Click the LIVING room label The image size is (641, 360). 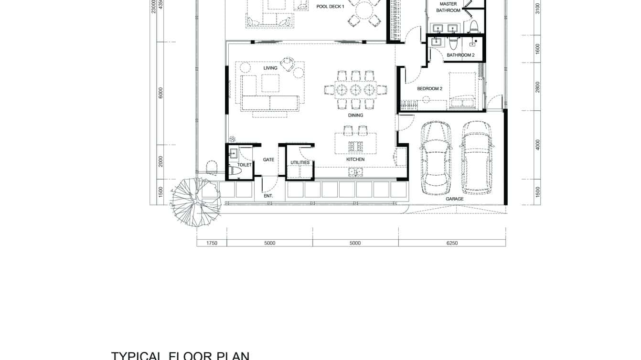[x=270, y=68]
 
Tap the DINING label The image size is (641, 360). [x=355, y=115]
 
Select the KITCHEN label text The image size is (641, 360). [x=355, y=159]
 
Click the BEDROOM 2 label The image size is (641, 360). [x=429, y=89]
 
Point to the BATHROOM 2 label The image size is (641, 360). [x=460, y=55]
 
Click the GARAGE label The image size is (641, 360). [x=454, y=199]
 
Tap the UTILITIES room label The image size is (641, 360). [x=300, y=163]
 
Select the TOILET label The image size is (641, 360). [x=245, y=165]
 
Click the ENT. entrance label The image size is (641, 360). [x=268, y=196]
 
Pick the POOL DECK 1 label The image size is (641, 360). [x=330, y=7]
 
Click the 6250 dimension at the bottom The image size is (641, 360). [x=451, y=243]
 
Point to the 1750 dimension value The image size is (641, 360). [x=212, y=243]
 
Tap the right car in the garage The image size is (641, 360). [x=477, y=158]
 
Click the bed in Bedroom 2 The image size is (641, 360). [x=462, y=91]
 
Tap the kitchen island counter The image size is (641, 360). [x=355, y=143]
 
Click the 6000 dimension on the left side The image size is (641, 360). [x=161, y=93]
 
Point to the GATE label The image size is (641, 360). [x=268, y=159]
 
